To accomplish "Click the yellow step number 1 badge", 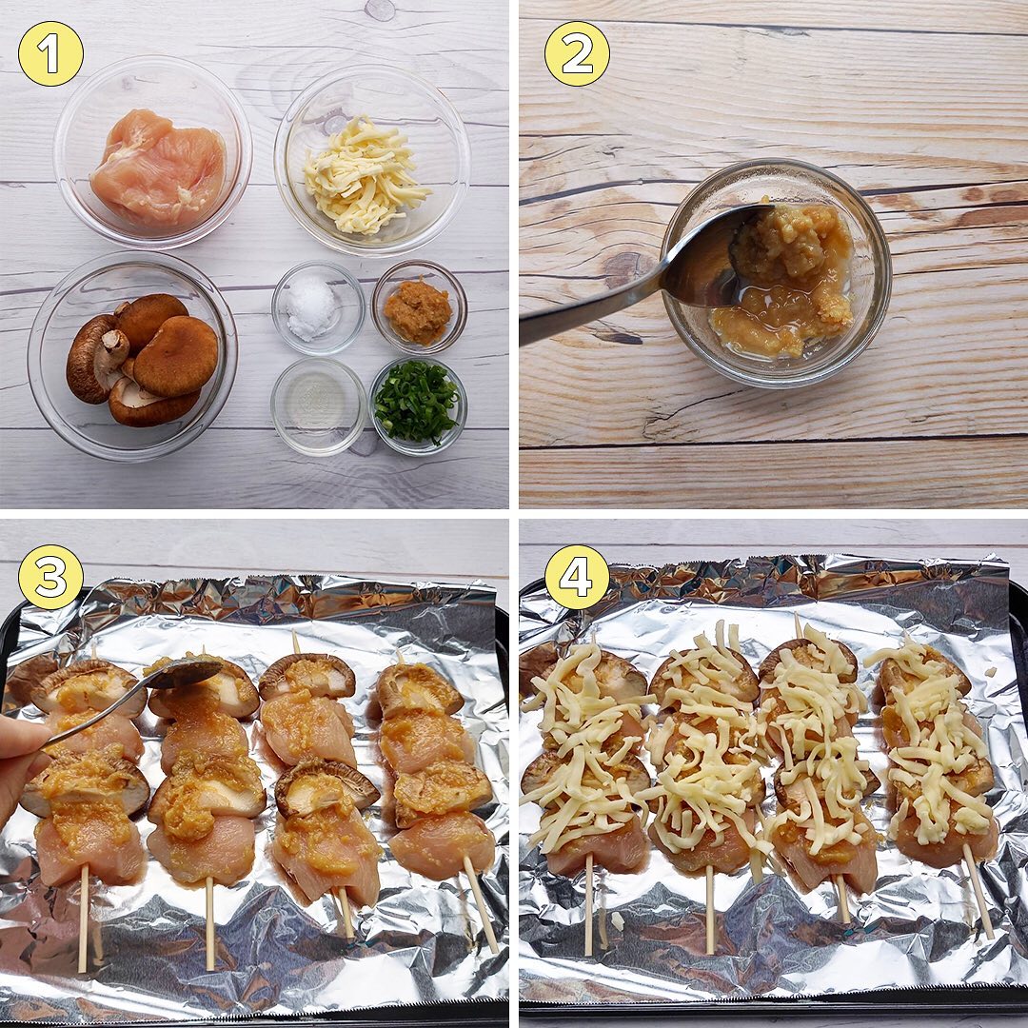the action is (50, 53).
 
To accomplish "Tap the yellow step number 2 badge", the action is (577, 53).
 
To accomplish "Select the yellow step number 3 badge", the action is (50, 577).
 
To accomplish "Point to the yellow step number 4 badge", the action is (577, 577).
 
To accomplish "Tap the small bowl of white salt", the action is (318, 307).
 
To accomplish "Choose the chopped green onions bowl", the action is (418, 405).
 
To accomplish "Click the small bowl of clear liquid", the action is (319, 405).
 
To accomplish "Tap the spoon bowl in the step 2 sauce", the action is (715, 259).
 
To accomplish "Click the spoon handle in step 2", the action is (590, 310).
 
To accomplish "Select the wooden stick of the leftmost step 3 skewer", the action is (83, 918).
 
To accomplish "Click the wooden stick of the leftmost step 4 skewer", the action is (588, 905).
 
